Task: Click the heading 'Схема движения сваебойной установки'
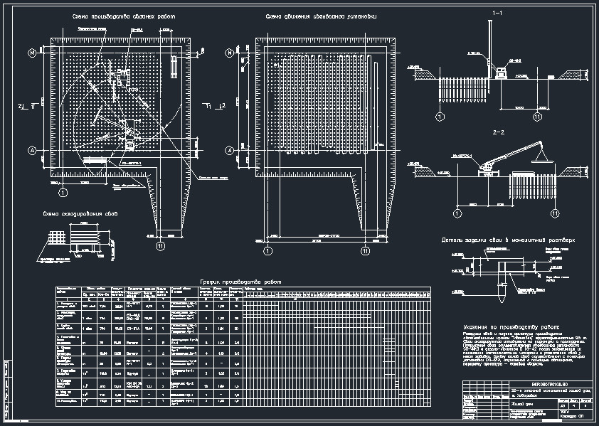point(321,16)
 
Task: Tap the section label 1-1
point(497,14)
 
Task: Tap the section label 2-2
point(497,133)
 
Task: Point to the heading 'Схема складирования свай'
point(78,214)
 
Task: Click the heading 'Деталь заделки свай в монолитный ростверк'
point(507,240)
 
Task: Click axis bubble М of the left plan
point(32,53)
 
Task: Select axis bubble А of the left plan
point(32,150)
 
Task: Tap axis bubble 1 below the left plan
point(63,192)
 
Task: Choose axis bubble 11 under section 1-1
point(538,116)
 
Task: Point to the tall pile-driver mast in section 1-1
point(492,46)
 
